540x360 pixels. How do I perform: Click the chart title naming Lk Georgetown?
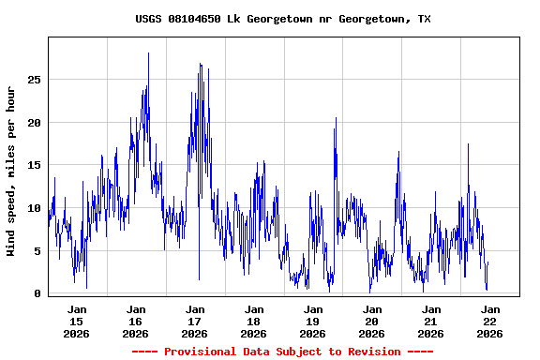click(x=283, y=19)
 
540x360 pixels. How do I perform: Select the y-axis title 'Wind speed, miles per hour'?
click(x=10, y=171)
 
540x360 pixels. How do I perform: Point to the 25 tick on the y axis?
click(x=34, y=80)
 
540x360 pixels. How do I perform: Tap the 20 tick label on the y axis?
click(x=34, y=123)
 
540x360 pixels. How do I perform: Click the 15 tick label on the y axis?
click(x=34, y=165)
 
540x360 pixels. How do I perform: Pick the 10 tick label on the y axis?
click(x=34, y=208)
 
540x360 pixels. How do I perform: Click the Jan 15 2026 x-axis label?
click(x=77, y=321)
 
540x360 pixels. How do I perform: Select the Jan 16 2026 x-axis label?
click(x=136, y=321)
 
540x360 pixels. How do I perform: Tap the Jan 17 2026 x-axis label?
click(x=195, y=321)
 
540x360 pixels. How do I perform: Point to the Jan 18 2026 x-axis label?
click(x=254, y=321)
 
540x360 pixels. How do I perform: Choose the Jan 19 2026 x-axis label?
click(x=313, y=321)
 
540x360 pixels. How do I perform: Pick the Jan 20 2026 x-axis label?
click(x=372, y=321)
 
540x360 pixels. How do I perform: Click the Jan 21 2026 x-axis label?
click(x=431, y=321)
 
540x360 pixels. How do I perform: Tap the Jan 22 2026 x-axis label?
click(x=490, y=321)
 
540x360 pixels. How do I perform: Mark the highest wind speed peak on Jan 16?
click(x=148, y=54)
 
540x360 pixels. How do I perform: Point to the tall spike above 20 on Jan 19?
click(x=335, y=119)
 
